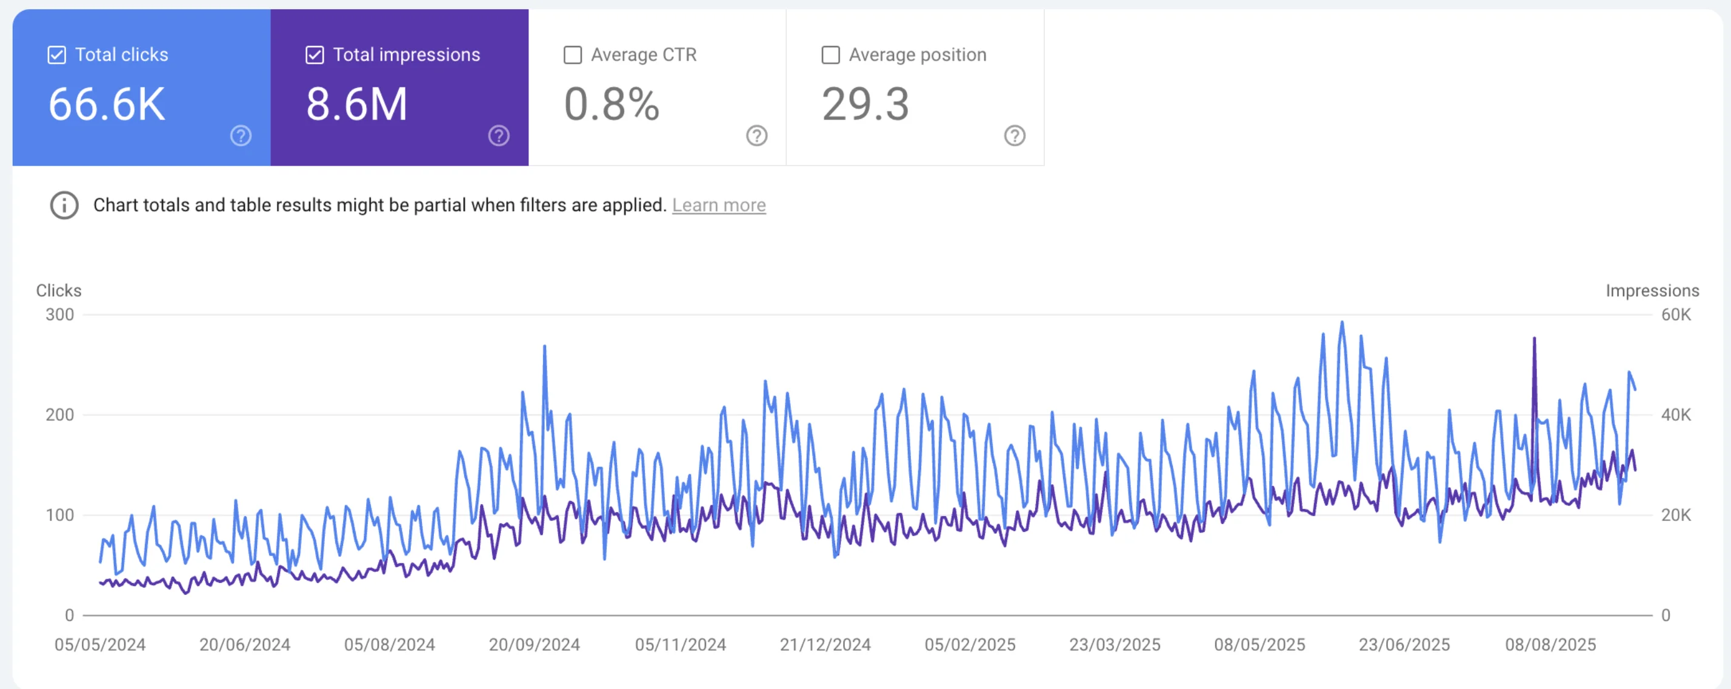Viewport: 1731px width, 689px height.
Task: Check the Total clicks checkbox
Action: point(57,55)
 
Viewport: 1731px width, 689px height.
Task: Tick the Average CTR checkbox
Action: point(573,55)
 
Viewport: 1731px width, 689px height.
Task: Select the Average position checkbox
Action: point(830,55)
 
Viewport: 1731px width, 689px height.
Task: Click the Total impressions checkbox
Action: point(315,55)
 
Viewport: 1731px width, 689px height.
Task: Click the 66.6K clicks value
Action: point(106,105)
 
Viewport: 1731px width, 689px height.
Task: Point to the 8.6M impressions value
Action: point(356,105)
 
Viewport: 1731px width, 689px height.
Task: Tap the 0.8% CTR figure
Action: point(611,105)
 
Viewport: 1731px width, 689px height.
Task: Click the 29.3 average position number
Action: point(865,105)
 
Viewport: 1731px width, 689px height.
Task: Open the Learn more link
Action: point(718,205)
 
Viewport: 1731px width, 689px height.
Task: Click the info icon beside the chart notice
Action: point(64,205)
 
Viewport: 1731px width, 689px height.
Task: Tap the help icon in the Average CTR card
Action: point(756,136)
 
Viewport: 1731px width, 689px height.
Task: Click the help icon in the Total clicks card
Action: point(241,136)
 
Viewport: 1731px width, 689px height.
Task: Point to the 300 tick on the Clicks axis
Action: point(60,315)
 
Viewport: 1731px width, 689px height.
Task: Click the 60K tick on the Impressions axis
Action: point(1675,315)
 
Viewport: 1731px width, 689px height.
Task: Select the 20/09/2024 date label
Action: point(534,645)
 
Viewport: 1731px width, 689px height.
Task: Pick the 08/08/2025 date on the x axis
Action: point(1550,645)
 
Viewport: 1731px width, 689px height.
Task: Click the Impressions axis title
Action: point(1652,291)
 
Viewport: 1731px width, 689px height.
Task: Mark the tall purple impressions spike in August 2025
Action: point(1534,340)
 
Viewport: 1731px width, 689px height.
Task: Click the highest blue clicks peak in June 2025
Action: point(1342,324)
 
